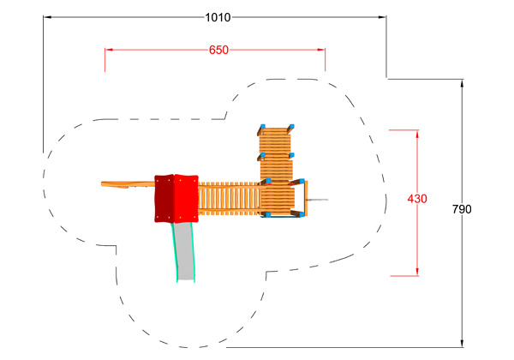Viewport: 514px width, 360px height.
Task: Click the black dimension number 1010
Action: pos(218,17)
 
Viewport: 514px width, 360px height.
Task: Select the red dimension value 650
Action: pos(218,50)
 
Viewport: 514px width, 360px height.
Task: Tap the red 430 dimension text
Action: pos(417,198)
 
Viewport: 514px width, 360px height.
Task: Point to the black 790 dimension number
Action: pos(462,209)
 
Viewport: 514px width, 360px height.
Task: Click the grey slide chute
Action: pos(184,251)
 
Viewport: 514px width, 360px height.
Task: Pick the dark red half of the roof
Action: pos(164,199)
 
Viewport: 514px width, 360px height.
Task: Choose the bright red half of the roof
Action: pos(186,199)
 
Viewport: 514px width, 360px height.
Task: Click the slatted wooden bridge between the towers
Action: pos(230,199)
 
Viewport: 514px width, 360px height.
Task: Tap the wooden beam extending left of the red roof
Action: pos(128,184)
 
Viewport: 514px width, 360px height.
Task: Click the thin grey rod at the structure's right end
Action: pos(317,200)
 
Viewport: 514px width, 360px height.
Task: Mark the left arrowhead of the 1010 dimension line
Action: pos(47,17)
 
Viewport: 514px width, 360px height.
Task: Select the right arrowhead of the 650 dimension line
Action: pos(321,50)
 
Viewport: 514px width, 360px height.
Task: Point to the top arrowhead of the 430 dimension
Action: pos(417,134)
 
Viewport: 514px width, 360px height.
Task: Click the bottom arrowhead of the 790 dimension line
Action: pos(462,343)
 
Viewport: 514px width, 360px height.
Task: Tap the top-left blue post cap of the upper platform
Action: pos(263,127)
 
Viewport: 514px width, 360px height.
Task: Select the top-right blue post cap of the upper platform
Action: pos(291,127)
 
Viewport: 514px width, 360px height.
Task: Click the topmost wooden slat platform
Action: pos(275,141)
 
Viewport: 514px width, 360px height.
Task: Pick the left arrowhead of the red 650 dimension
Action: pos(109,50)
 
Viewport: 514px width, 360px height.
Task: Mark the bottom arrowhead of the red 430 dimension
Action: pos(417,272)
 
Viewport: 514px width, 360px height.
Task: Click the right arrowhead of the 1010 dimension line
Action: pos(382,17)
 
